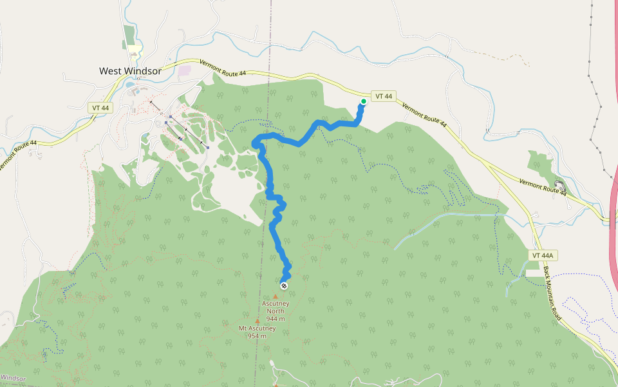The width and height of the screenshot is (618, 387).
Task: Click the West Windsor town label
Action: click(130, 71)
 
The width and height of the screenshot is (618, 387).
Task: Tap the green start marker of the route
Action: click(364, 101)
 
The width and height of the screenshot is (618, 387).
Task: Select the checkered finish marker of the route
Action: click(284, 285)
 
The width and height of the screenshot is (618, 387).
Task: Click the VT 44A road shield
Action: click(543, 255)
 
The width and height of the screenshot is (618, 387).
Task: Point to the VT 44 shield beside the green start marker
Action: click(384, 96)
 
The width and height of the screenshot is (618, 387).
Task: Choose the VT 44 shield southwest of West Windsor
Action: click(100, 108)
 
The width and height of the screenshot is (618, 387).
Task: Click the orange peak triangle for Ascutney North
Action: click(276, 297)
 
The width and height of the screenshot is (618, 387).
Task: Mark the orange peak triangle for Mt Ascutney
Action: click(257, 321)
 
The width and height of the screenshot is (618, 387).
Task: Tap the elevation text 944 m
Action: click(276, 319)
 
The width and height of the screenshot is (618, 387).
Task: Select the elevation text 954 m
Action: click(257, 336)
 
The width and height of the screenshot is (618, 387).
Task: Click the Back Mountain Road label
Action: click(553, 294)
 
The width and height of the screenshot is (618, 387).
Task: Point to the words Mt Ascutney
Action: click(257, 328)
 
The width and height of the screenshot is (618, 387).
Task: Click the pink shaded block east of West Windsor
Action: click(185, 71)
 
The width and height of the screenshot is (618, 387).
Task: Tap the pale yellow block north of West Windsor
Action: click(134, 48)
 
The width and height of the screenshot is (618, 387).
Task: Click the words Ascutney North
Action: click(276, 307)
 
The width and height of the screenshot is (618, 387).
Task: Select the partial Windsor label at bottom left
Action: click(13, 377)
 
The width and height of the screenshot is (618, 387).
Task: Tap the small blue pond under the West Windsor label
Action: click(131, 84)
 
